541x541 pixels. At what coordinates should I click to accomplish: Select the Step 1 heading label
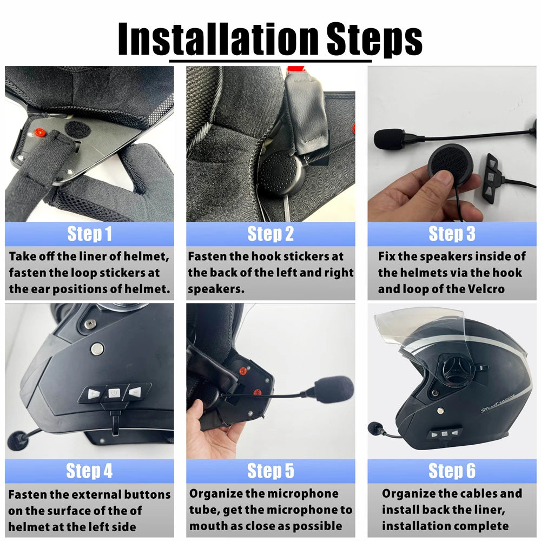tap(89, 234)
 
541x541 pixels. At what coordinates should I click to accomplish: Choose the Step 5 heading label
tap(270, 471)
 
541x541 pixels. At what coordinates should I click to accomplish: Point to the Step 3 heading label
tap(452, 234)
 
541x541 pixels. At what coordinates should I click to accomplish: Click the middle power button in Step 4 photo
tap(114, 393)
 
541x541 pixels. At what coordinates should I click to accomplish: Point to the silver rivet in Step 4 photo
tap(97, 348)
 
